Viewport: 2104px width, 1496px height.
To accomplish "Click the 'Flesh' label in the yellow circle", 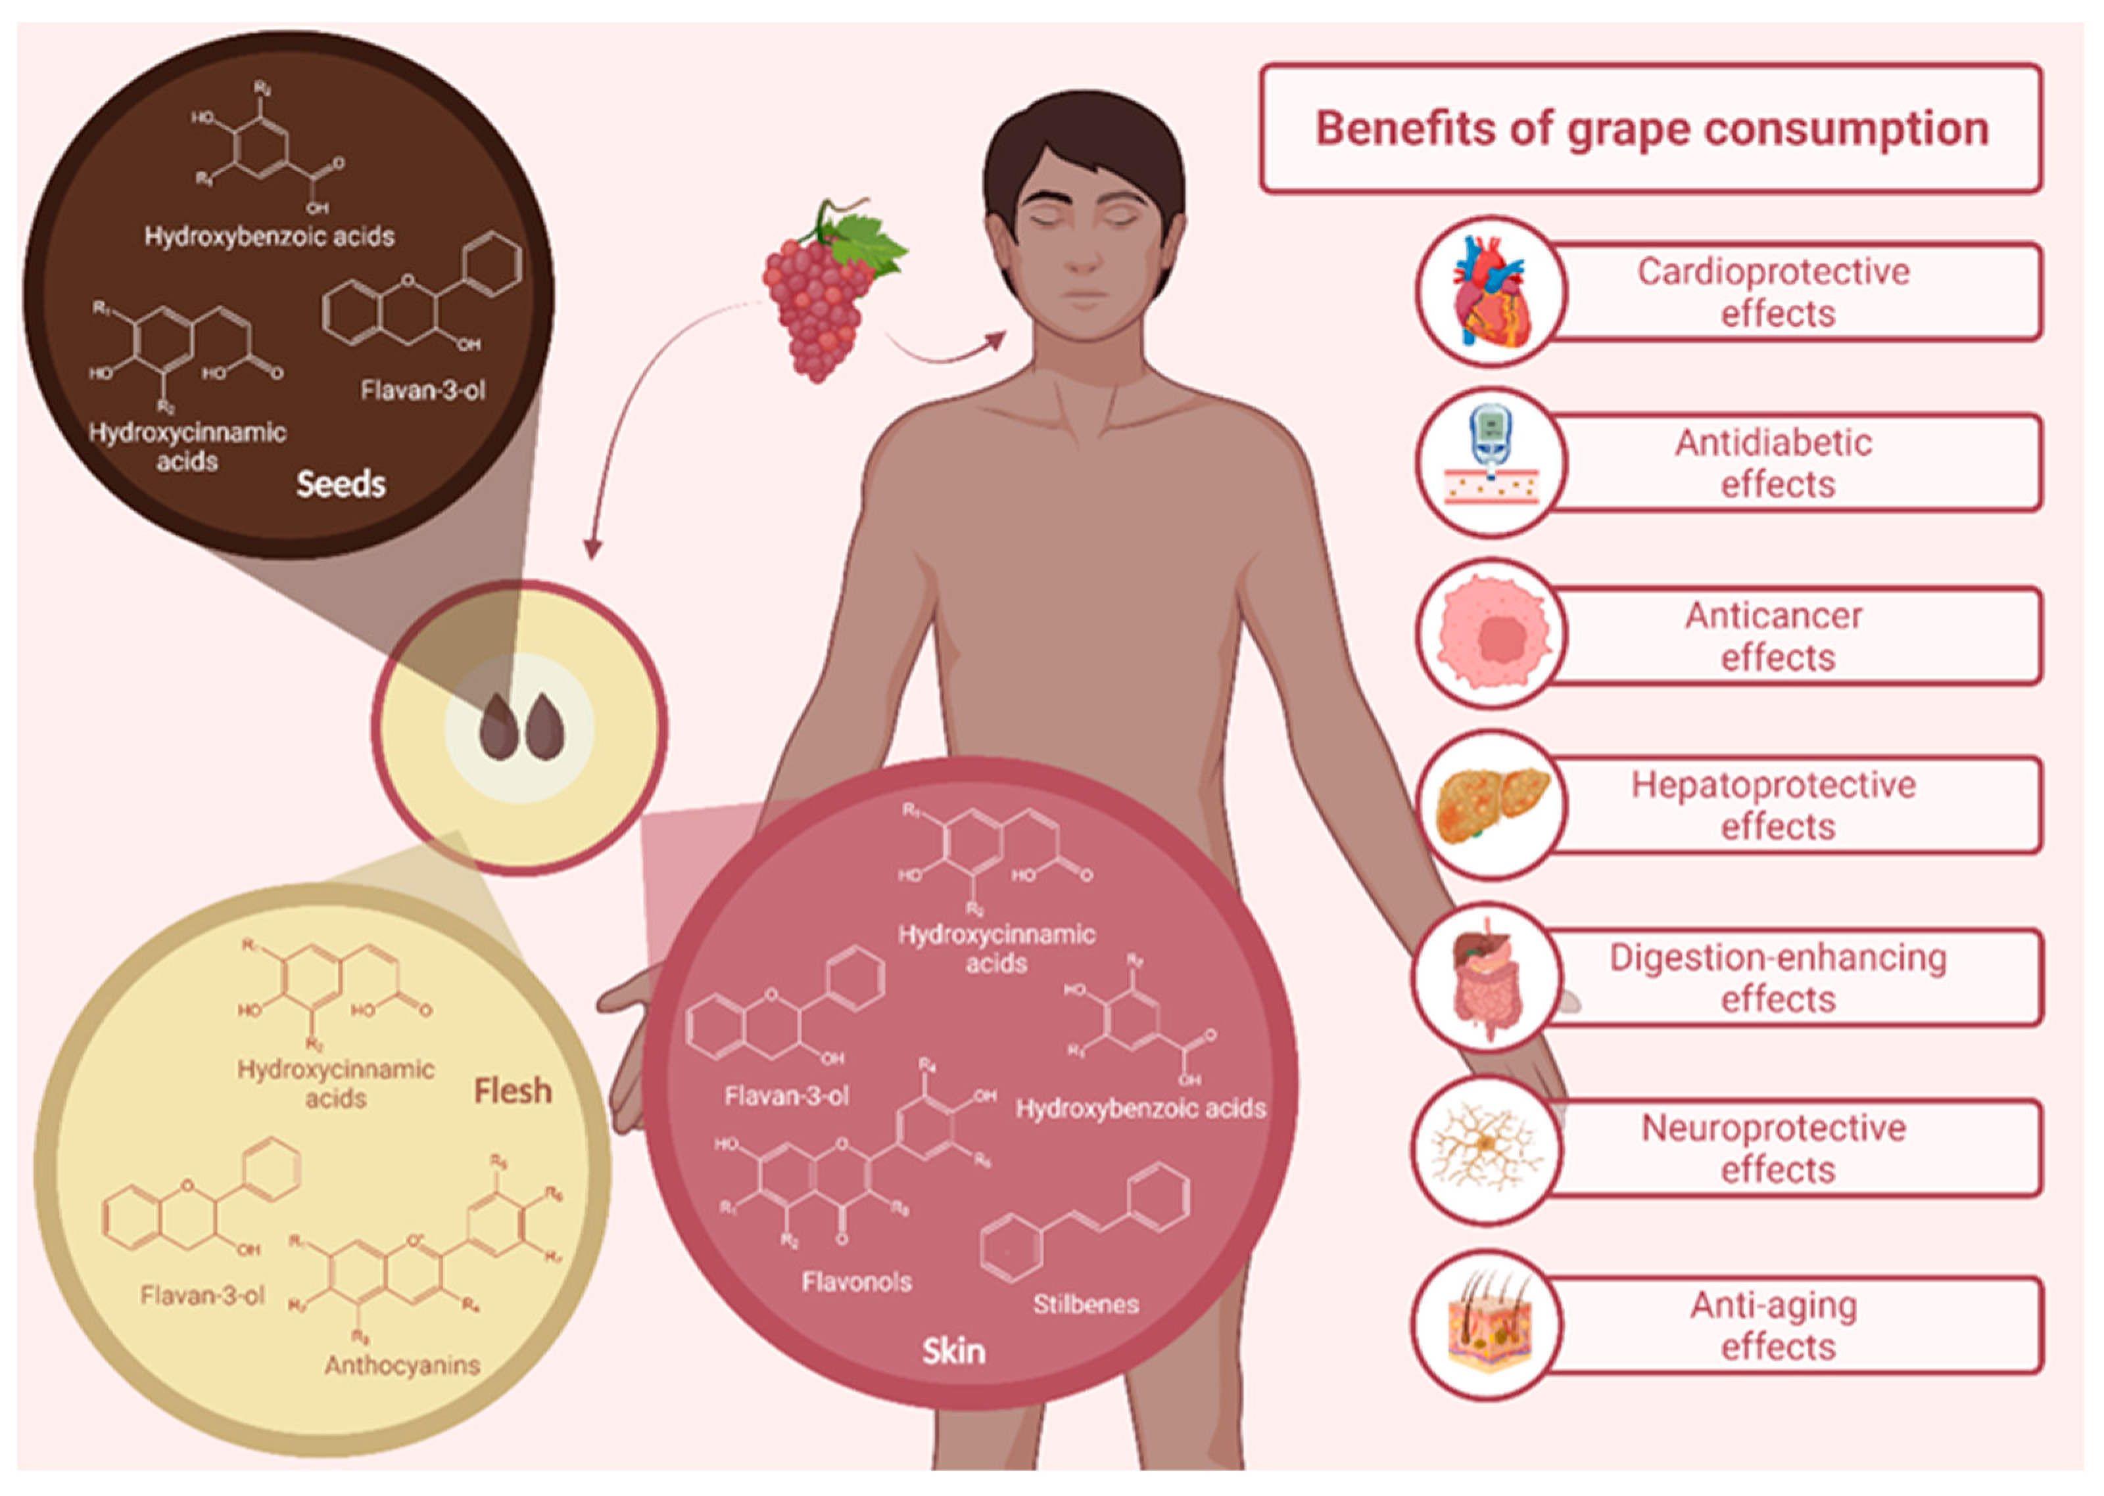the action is coord(512,1091).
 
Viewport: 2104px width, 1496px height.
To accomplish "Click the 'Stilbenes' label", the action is coord(1086,1304).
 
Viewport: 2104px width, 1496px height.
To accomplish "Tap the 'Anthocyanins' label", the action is coord(402,1365).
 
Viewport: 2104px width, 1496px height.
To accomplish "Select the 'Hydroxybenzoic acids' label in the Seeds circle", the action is coord(269,237).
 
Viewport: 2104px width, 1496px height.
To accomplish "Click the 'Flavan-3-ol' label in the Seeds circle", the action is coord(423,390).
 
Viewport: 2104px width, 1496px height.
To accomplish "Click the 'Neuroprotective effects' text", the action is coord(1773,1148).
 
